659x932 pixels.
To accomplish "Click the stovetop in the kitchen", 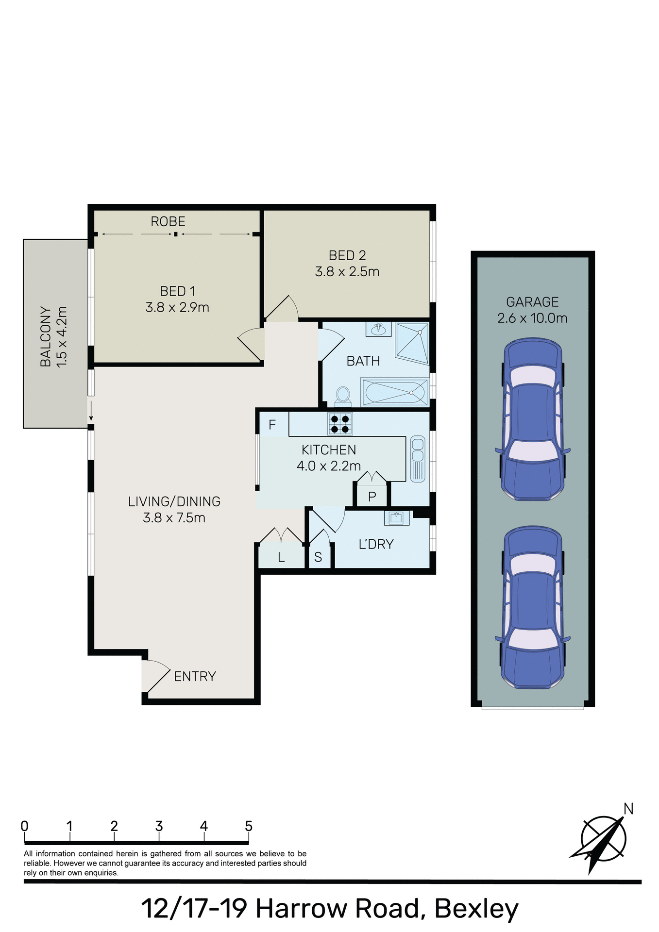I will pyautogui.click(x=340, y=424).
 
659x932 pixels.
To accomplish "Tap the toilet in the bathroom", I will pyautogui.click(x=343, y=396).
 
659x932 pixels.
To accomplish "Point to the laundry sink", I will pyautogui.click(x=397, y=518).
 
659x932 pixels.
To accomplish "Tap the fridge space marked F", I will pyautogui.click(x=272, y=425).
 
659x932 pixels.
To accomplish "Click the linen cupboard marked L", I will pyautogui.click(x=281, y=557).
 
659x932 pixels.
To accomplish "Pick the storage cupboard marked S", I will pyautogui.click(x=318, y=557).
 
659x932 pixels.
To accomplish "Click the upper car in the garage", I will pyautogui.click(x=533, y=420).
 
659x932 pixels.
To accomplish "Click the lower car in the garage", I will pyautogui.click(x=533, y=608).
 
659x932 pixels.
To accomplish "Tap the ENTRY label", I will pyautogui.click(x=195, y=676).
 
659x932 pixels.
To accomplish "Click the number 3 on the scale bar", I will pyautogui.click(x=159, y=826).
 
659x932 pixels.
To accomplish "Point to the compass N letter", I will pyautogui.click(x=628, y=809).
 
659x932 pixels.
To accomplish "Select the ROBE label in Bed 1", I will pyautogui.click(x=168, y=222).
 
